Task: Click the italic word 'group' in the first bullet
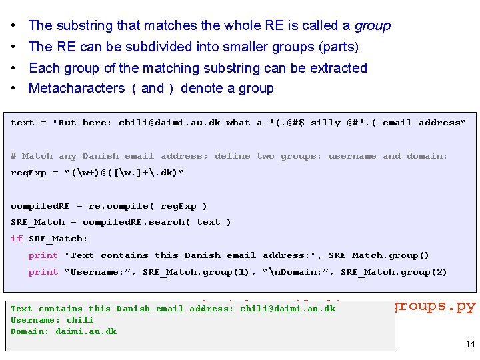pos(372,26)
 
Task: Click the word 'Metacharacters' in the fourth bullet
pos(77,89)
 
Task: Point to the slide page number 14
pos(470,344)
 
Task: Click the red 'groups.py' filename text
pos(435,307)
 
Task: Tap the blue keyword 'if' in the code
pos(16,239)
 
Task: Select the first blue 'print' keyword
pos(43,255)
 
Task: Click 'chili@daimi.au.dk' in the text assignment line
pos(169,123)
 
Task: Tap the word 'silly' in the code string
pos(325,123)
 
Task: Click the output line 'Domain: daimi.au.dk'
pos(63,331)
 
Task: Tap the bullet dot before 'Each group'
pos(13,68)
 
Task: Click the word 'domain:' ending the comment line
pos(427,156)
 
